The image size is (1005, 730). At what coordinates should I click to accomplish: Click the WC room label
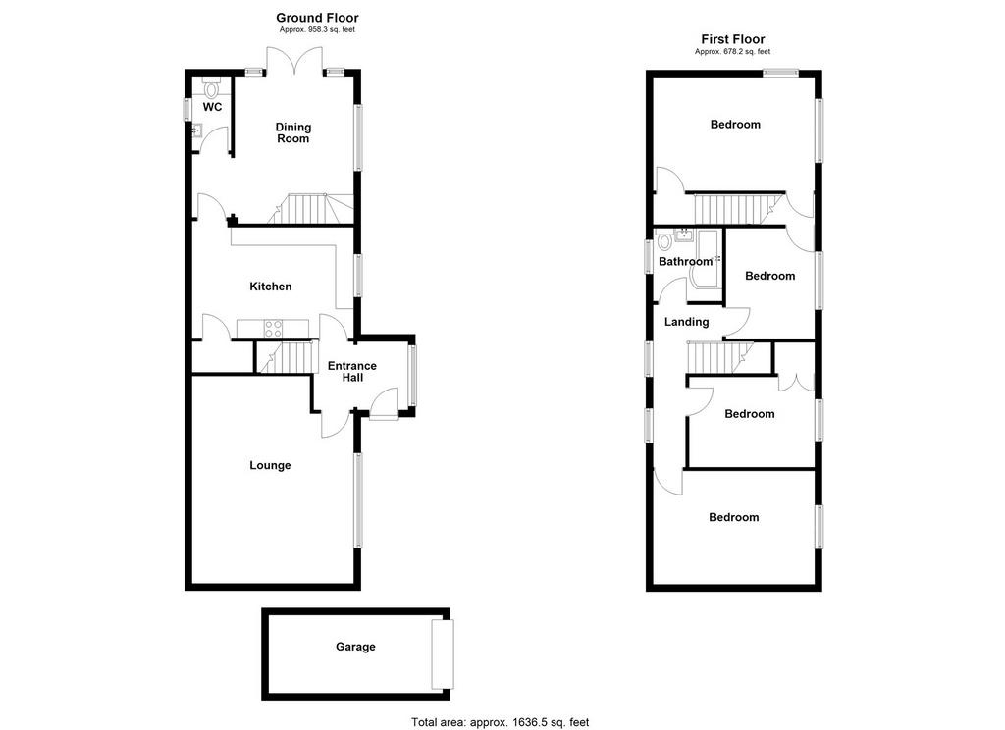(x=212, y=107)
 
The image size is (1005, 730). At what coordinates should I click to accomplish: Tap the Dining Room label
(x=292, y=132)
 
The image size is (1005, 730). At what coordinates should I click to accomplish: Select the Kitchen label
(x=271, y=287)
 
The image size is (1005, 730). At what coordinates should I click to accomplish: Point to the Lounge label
(x=270, y=465)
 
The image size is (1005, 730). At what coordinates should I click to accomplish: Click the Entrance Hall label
(x=352, y=372)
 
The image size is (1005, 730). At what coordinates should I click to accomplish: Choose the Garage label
(x=355, y=647)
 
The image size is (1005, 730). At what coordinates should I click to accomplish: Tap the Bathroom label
(x=685, y=262)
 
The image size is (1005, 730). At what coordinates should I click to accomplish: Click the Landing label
(x=686, y=322)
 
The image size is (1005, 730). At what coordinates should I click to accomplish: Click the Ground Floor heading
(x=317, y=18)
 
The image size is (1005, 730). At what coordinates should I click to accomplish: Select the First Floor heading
(x=732, y=39)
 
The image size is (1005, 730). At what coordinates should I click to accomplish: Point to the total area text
(x=500, y=722)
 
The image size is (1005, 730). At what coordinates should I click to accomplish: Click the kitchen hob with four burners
(x=274, y=328)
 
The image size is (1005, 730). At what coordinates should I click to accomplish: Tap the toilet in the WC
(x=211, y=87)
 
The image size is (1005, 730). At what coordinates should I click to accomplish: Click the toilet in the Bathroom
(x=664, y=241)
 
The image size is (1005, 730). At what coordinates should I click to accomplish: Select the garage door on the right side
(x=443, y=653)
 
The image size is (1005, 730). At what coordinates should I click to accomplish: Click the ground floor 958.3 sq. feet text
(x=317, y=29)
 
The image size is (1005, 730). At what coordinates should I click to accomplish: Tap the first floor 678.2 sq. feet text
(x=732, y=51)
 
